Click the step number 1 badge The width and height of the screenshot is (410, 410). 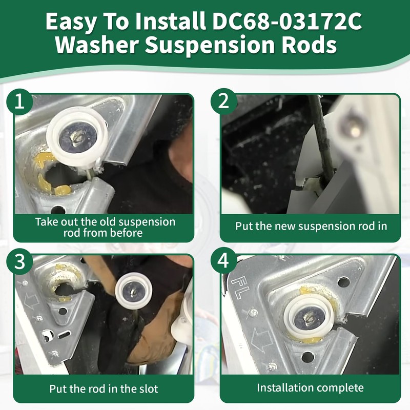click(19, 101)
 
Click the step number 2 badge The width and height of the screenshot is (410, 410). click(223, 101)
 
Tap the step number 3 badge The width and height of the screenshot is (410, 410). click(19, 261)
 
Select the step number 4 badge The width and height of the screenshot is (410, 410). click(223, 261)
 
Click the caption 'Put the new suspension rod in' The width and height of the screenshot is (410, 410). click(311, 225)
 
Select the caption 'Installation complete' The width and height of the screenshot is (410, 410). click(311, 387)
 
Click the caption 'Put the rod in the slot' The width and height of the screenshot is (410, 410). click(104, 388)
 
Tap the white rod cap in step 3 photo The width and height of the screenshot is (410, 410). click(135, 291)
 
